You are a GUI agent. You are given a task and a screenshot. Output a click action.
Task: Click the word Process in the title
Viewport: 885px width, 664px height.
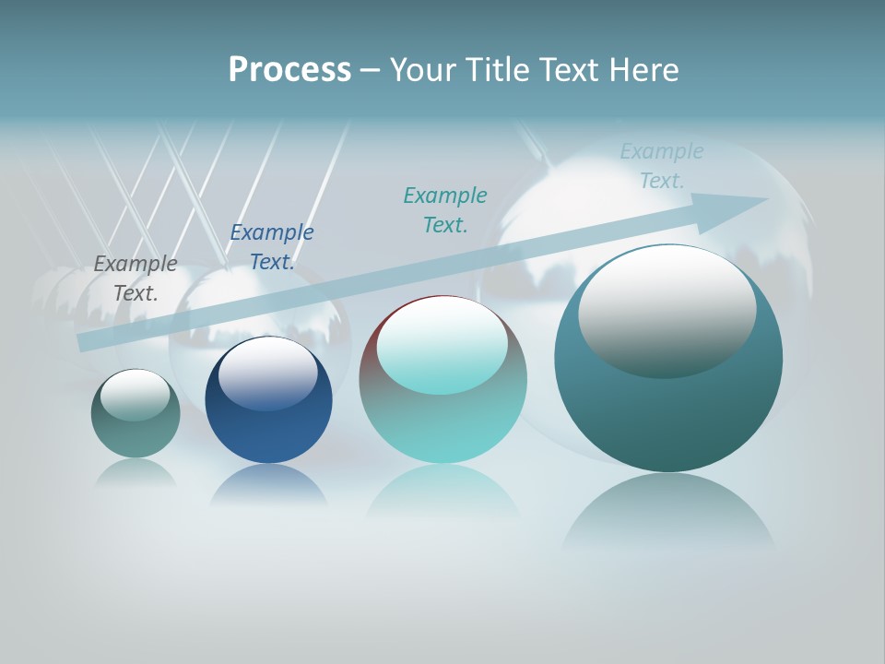pyautogui.click(x=289, y=70)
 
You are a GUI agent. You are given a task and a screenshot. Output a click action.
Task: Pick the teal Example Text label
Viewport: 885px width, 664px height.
pyautogui.click(x=445, y=210)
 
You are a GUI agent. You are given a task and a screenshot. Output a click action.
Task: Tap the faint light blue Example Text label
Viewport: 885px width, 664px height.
pyautogui.click(x=661, y=166)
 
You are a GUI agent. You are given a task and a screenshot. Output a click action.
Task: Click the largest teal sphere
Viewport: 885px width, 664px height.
pyautogui.click(x=668, y=415)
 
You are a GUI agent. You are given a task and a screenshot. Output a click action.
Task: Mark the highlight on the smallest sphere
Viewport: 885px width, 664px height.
pyautogui.click(x=136, y=395)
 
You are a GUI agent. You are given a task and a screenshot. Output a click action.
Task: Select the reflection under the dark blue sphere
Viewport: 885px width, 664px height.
pyautogui.click(x=268, y=484)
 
